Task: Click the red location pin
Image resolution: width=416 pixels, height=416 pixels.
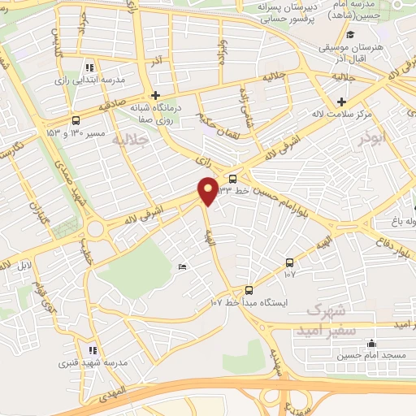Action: coord(209,188)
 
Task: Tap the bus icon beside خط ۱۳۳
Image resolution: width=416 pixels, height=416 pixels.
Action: coord(234,180)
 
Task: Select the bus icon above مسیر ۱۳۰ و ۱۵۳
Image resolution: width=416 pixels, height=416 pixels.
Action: coord(76,118)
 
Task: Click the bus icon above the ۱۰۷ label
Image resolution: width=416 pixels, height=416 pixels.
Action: coord(290,262)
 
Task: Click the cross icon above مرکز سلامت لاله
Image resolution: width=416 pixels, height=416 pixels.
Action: coord(341,102)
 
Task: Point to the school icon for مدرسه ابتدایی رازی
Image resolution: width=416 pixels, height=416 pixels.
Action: coord(89,67)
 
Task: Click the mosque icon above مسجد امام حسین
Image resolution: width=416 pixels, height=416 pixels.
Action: coord(371,344)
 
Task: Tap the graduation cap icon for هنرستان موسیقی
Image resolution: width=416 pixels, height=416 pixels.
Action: coord(350,35)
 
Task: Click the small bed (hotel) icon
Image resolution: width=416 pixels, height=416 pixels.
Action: coord(182,266)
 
